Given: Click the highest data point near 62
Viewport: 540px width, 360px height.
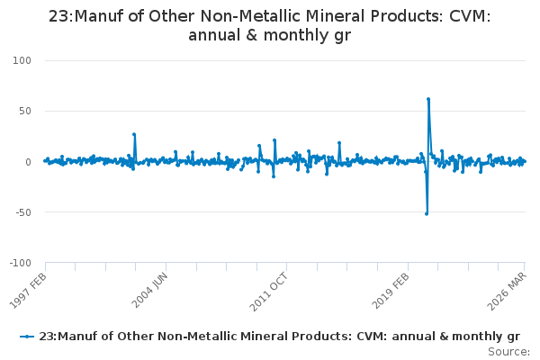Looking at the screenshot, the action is point(428,99).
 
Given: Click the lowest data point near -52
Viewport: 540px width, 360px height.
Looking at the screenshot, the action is point(427,214).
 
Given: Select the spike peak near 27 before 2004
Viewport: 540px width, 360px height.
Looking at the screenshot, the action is point(134,134).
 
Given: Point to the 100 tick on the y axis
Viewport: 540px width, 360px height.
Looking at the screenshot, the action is point(22,60).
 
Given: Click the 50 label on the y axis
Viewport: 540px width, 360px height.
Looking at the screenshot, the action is point(25,111).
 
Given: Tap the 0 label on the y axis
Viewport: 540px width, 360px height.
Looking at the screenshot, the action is point(28,162).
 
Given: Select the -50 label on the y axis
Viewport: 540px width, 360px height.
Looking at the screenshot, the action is point(23,212).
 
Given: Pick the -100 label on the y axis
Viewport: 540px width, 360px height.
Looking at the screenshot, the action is point(21,263).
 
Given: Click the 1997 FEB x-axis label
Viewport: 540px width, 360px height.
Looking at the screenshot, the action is point(28,291).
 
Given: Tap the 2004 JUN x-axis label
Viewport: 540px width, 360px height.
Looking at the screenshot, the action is point(149,290).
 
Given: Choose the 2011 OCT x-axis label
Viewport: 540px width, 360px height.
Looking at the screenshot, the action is point(268,291).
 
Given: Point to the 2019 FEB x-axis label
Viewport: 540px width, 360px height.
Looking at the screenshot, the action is point(391,290).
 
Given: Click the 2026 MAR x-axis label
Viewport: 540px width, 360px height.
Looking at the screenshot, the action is point(507,291).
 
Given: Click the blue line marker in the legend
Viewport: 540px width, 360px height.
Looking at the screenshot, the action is point(27,337).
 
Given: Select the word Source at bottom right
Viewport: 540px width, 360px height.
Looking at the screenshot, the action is point(508,352).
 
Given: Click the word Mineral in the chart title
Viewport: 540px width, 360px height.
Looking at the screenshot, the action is point(336,16).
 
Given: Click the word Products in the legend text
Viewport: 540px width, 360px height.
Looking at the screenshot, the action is point(321,337).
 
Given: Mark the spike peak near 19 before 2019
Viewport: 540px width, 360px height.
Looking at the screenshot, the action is point(339,142).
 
